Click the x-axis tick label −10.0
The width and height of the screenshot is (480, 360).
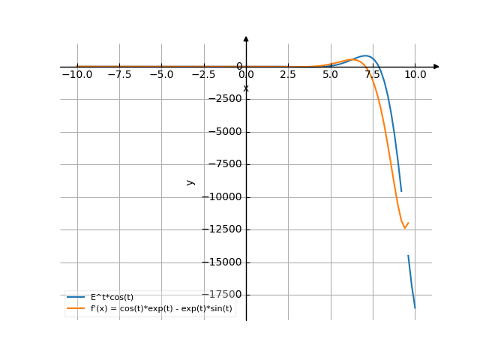tap(76, 75)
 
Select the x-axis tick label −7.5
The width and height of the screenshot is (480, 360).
tap(118, 75)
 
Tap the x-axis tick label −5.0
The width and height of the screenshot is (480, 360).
tap(161, 75)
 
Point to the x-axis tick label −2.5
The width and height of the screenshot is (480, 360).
tap(203, 75)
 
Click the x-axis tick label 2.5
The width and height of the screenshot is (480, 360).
tap(288, 75)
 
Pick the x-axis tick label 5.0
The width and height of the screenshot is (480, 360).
tap(330, 75)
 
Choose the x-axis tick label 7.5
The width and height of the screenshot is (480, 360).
tap(373, 75)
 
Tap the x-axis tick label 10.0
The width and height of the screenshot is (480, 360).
tap(415, 75)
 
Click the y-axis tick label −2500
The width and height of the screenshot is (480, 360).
tap(224, 99)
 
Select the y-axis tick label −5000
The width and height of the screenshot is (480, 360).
tap(224, 132)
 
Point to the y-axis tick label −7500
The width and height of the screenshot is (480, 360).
tap(224, 164)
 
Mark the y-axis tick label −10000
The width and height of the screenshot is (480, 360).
tap(222, 197)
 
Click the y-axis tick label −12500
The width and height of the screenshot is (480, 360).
tap(222, 229)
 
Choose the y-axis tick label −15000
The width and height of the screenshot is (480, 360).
tap(222, 262)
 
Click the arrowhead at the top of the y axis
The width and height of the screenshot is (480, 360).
tap(246, 38)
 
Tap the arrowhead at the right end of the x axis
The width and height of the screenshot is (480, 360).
tap(436, 67)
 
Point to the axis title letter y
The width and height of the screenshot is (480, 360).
tap(190, 181)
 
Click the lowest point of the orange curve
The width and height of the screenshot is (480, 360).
tap(405, 228)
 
